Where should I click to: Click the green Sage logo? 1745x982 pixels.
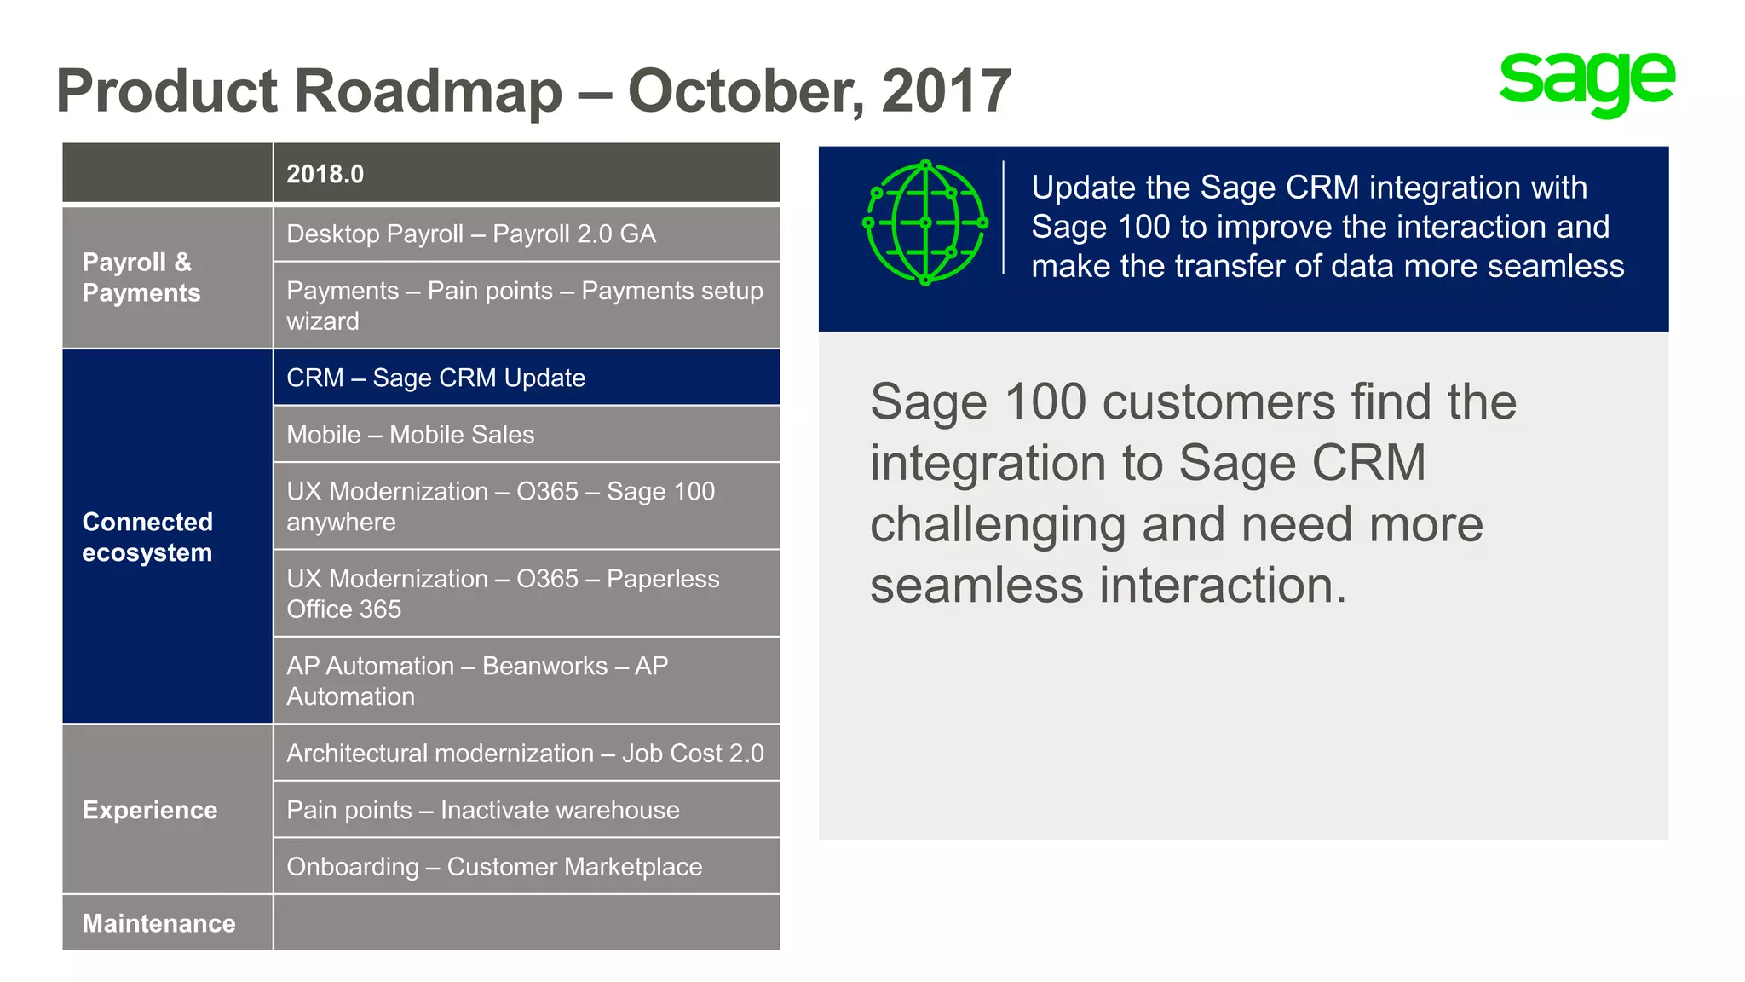coord(1587,83)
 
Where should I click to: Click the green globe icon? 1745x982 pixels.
coord(925,223)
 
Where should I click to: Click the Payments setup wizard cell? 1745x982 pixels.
coord(526,305)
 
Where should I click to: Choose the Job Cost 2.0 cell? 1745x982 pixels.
coord(526,753)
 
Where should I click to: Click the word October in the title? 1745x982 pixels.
coord(745,91)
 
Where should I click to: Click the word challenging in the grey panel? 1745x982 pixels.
coord(998,525)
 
